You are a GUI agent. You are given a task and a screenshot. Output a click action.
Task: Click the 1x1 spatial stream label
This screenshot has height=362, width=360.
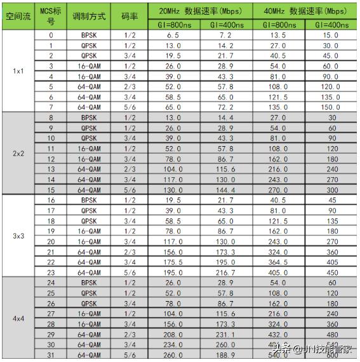[x=18, y=70]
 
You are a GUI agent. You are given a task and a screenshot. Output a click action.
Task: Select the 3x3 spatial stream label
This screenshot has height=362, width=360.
[x=18, y=236]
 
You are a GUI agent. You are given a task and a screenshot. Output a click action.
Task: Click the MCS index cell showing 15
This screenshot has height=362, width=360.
[x=51, y=189]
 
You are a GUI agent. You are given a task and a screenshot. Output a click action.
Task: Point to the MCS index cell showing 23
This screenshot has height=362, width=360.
[x=51, y=272]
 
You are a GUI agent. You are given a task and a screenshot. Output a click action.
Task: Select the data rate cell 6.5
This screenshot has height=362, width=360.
[x=174, y=36]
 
